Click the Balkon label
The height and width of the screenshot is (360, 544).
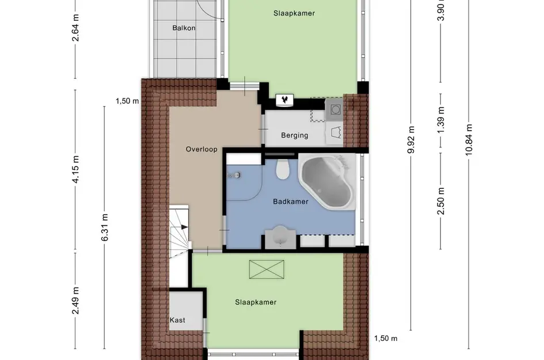184,28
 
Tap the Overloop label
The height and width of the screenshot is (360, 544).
201,149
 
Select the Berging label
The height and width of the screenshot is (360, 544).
295,135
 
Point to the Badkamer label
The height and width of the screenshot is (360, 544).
290,202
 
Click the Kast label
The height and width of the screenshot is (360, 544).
177,320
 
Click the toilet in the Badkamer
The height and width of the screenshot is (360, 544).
283,169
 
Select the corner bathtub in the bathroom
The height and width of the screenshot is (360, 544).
326,181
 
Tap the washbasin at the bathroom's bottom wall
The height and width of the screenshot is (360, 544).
281,237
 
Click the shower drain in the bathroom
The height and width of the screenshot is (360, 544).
237,175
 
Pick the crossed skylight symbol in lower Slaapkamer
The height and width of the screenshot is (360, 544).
267,270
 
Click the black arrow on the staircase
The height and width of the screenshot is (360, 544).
184,227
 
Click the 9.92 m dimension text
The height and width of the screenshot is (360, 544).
411,139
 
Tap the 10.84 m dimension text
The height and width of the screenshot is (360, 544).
469,139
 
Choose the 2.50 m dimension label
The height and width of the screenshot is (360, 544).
440,201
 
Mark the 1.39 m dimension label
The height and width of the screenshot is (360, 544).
440,120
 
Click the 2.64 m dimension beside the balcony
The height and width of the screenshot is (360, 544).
75,28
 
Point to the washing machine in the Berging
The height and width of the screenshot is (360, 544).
334,109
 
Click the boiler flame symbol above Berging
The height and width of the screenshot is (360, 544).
285,100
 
